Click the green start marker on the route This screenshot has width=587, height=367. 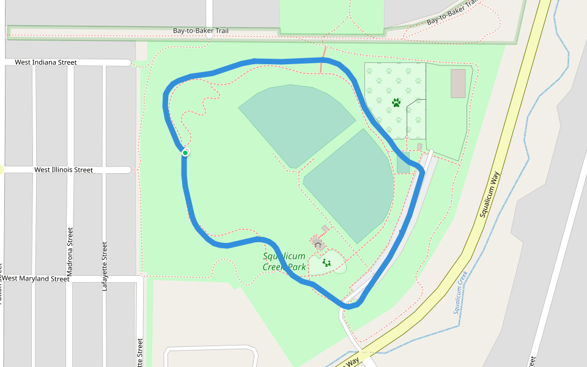point(185,152)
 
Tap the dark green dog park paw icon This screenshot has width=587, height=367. point(396,103)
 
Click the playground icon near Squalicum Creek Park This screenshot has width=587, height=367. point(326,262)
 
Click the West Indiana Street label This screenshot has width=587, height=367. point(46,62)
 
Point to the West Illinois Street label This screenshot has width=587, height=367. point(64,170)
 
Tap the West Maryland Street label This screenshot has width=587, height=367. point(36,279)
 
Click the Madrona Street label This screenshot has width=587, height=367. point(70,251)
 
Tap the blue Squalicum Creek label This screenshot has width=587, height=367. point(461,292)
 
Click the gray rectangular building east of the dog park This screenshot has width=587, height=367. point(458,83)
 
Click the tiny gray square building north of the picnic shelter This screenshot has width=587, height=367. point(325,229)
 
